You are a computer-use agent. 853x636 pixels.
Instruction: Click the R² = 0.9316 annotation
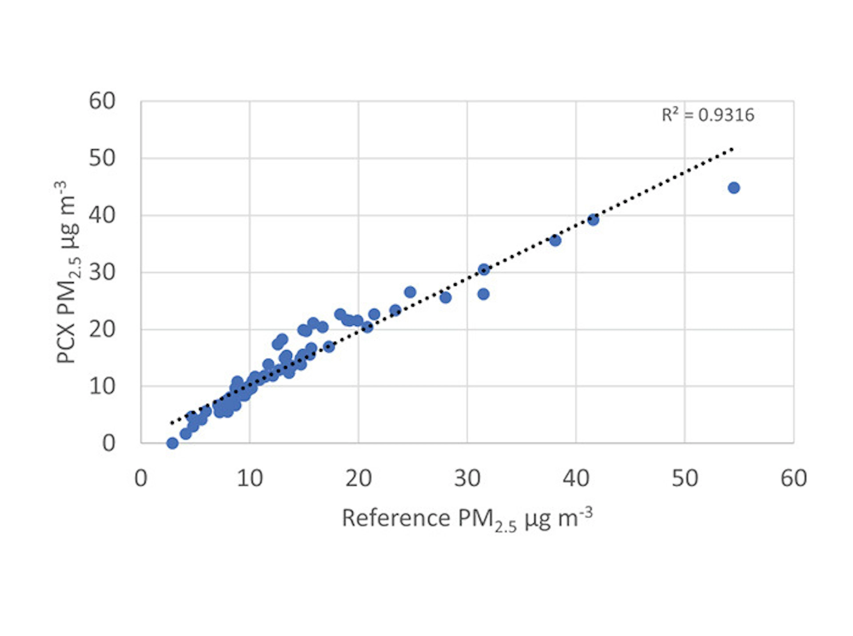click(708, 115)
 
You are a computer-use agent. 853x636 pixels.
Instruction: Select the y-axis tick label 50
click(102, 158)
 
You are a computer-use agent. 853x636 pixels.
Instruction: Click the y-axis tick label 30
click(102, 272)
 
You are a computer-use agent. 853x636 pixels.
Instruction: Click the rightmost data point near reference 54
click(734, 188)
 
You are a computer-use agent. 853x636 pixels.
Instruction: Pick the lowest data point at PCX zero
click(173, 443)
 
